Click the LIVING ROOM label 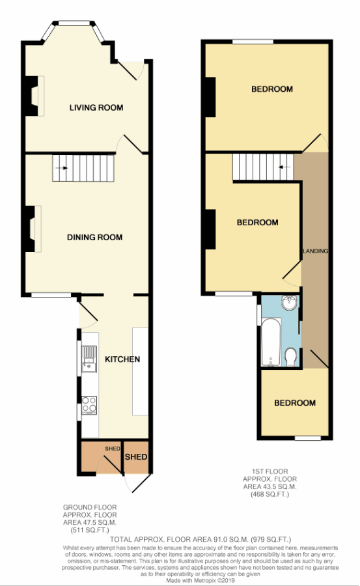click(x=96, y=107)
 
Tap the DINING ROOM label click(x=94, y=237)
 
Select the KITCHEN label click(x=122, y=359)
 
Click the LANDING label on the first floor click(x=316, y=251)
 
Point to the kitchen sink click(x=89, y=359)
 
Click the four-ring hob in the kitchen click(x=89, y=405)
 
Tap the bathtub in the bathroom click(x=271, y=342)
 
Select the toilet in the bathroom click(x=290, y=357)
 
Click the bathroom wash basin click(x=290, y=303)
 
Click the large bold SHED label click(x=136, y=457)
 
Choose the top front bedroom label click(x=271, y=89)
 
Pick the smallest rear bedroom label click(x=295, y=403)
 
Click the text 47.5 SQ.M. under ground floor click(x=90, y=522)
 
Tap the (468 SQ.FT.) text click(x=270, y=494)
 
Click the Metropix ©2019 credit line click(x=201, y=580)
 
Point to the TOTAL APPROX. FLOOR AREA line click(x=201, y=539)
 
